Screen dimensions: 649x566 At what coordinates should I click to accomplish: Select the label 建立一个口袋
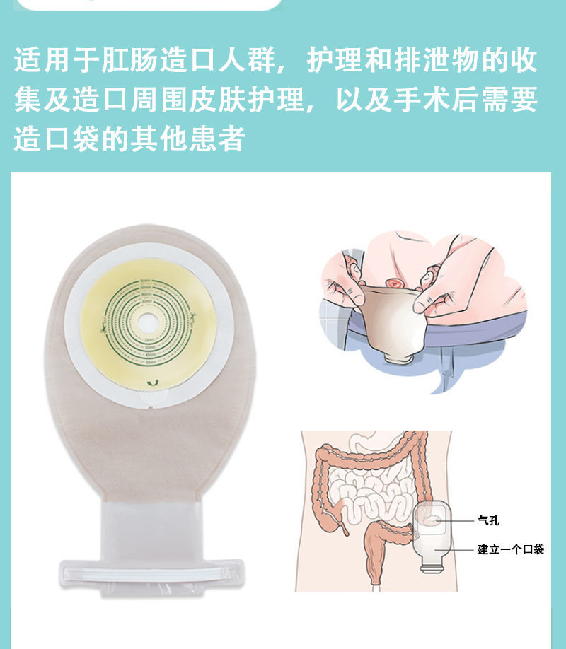pos(510,549)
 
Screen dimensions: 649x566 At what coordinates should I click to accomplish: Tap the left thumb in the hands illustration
pos(352,288)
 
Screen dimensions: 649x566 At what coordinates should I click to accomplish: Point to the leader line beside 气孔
pos(460,520)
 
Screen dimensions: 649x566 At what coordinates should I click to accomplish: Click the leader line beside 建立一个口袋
pos(460,549)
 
